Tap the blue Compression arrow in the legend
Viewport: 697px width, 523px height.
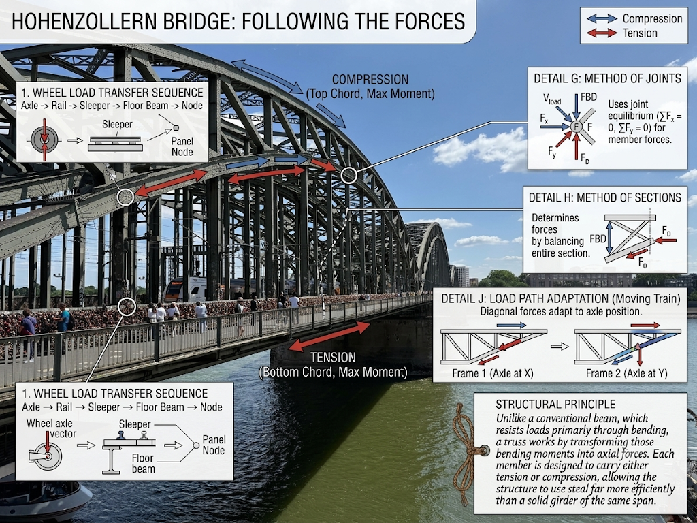pos(602,18)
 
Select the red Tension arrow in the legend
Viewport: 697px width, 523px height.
pos(602,33)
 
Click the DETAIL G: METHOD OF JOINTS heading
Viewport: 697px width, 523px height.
pos(607,79)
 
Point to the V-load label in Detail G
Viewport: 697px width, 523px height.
pos(551,99)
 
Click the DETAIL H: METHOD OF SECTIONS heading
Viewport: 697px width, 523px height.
pos(604,197)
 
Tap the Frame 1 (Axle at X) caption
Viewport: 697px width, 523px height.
pos(493,373)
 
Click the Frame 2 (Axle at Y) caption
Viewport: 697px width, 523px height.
pos(626,373)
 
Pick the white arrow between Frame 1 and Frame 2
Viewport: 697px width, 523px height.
pos(560,346)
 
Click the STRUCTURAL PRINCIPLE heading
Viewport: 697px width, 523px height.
pos(555,405)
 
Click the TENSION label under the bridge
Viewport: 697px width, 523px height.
pos(333,358)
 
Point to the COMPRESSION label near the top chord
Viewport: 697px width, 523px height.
pos(370,80)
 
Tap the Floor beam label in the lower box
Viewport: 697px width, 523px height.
pos(143,463)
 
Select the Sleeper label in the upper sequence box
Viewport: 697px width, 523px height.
pos(117,125)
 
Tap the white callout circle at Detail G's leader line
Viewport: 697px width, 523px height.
pos(349,176)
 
